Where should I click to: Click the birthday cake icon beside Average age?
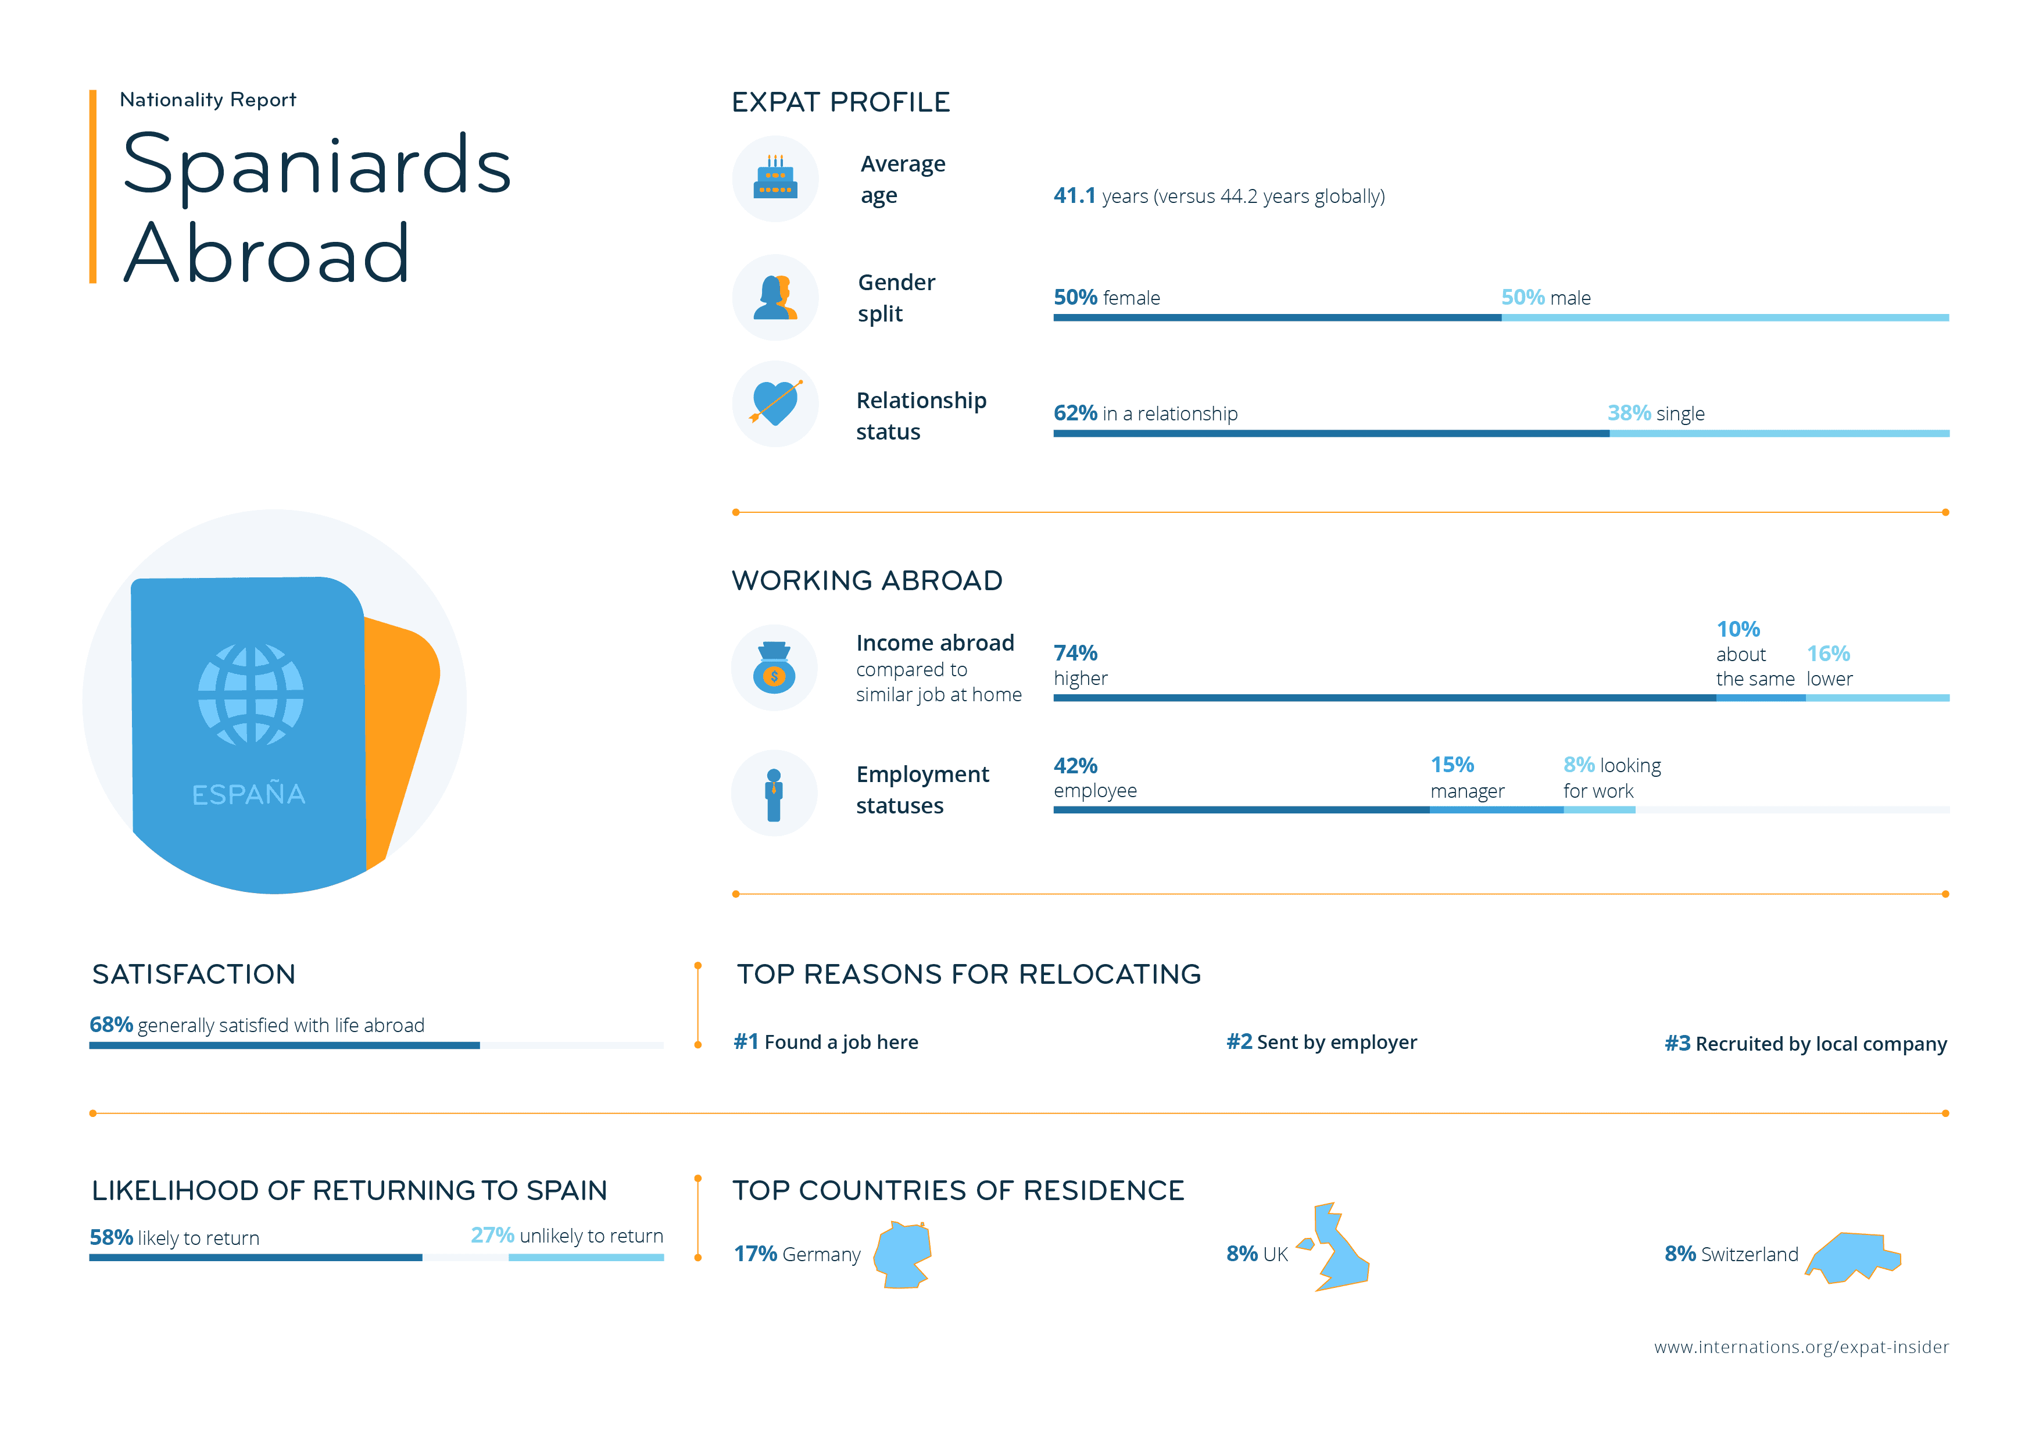tap(775, 178)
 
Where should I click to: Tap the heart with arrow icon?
tap(775, 404)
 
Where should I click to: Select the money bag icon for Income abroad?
tap(774, 668)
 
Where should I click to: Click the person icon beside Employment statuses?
tap(774, 794)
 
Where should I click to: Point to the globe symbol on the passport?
tap(251, 695)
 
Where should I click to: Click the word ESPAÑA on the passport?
tap(249, 794)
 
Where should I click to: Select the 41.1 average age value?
tap(1075, 197)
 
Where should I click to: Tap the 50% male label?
tap(1546, 298)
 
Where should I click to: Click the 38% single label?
tap(1655, 413)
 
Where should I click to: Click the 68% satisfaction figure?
tap(111, 1025)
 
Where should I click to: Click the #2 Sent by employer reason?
tap(1321, 1042)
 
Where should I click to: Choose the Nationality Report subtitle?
tap(208, 99)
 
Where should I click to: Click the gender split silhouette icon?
tap(775, 298)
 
